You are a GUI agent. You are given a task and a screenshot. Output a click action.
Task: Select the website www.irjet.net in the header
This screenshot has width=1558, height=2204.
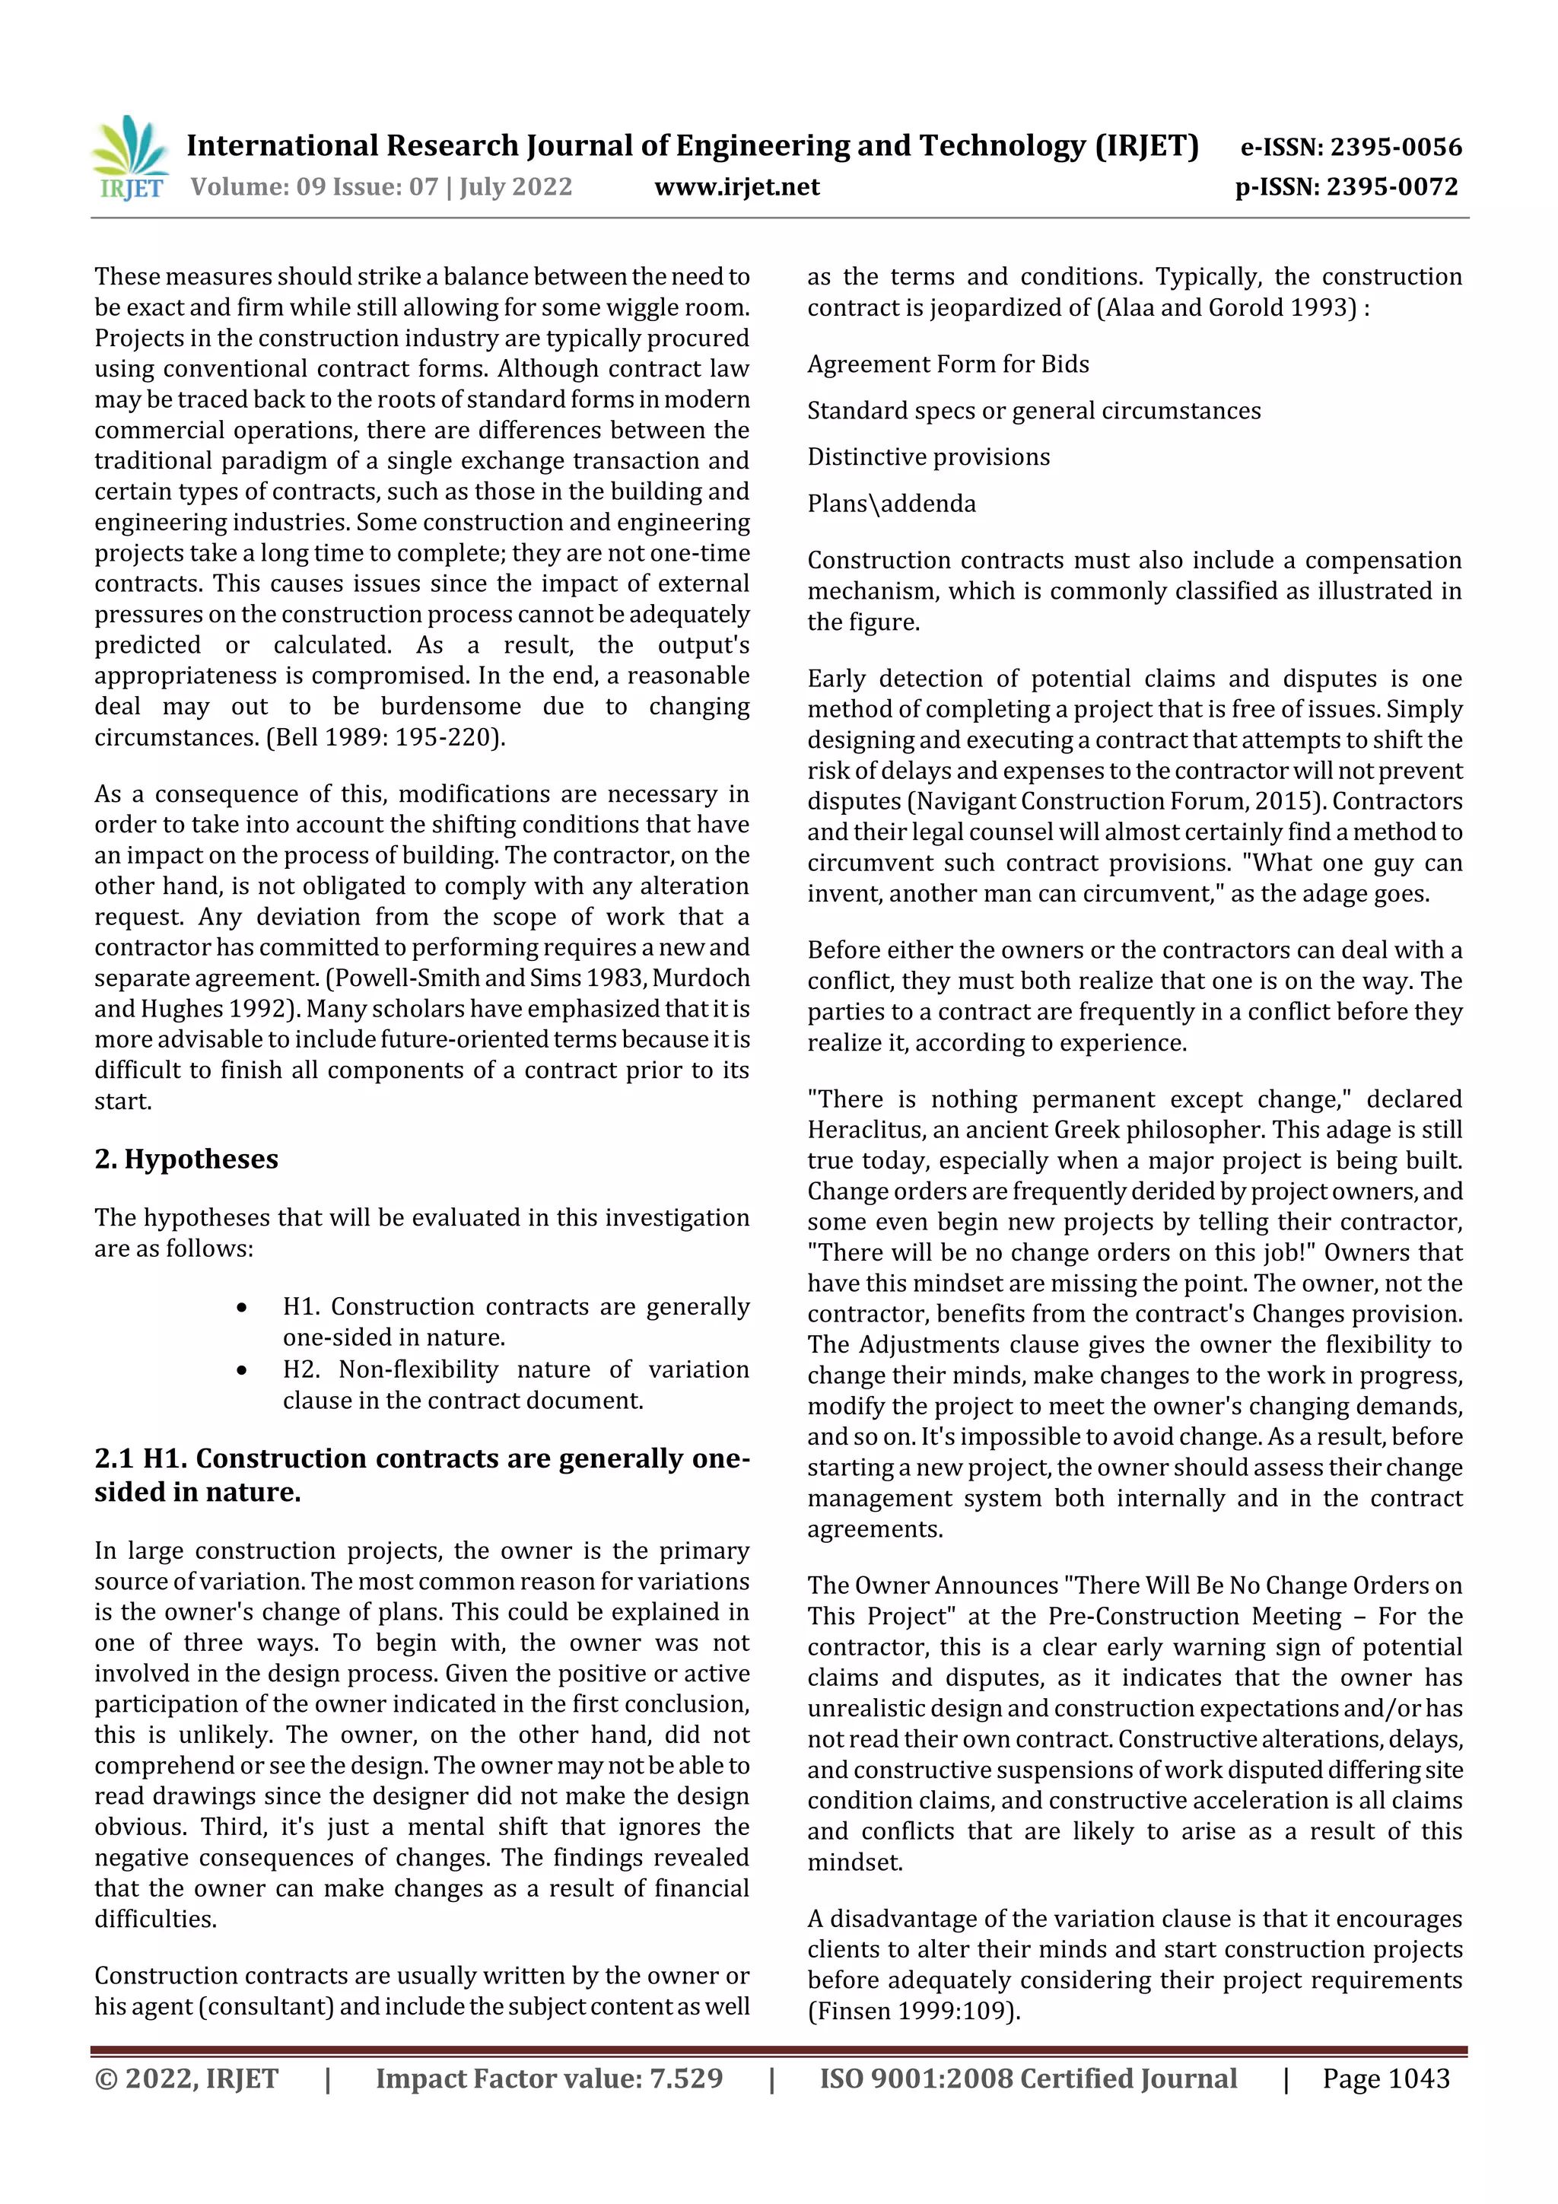tap(736, 186)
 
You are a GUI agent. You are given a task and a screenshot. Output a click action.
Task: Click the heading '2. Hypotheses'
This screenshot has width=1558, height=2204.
tap(186, 1159)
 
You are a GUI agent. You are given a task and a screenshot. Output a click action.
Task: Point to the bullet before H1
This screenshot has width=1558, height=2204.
tap(242, 1309)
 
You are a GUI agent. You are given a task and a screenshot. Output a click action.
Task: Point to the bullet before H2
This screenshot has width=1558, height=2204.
tap(242, 1371)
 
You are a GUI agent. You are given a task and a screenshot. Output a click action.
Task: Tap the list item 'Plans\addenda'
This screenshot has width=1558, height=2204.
tap(891, 503)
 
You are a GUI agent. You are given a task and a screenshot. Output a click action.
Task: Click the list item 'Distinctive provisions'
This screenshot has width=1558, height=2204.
tap(928, 457)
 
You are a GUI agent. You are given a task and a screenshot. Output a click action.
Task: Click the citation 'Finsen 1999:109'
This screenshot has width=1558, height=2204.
tap(911, 2011)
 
